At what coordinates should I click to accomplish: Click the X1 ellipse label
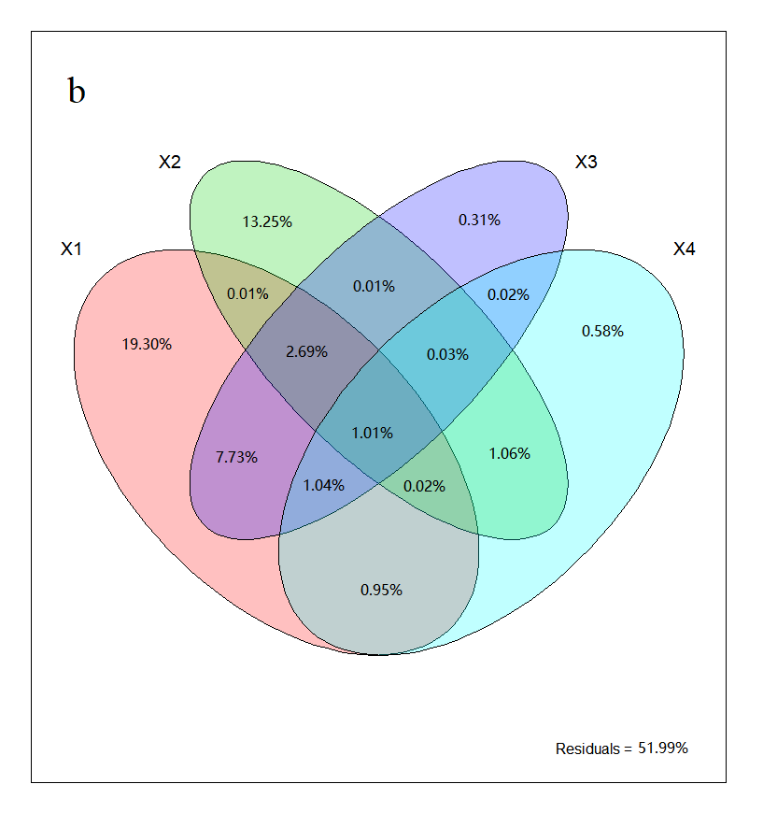[x=72, y=250]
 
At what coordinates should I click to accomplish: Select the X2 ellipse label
[x=170, y=162]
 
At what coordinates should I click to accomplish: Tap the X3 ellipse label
[x=586, y=162]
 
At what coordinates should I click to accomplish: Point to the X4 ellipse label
[x=685, y=250]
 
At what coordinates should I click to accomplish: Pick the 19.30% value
[x=147, y=344]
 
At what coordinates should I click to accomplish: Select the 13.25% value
[x=267, y=221]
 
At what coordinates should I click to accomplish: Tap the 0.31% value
[x=479, y=221]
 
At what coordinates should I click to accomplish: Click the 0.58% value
[x=602, y=331]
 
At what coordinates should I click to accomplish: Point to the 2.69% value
[x=307, y=351]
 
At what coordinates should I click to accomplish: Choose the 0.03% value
[x=448, y=354]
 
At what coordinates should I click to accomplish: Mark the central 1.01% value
[x=373, y=433]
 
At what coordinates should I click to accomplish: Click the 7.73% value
[x=236, y=457]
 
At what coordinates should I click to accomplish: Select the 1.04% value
[x=324, y=485]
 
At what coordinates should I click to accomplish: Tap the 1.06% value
[x=509, y=454]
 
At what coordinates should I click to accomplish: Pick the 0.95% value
[x=381, y=590]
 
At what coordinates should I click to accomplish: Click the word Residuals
[x=586, y=749]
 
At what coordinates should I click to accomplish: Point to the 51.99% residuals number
[x=663, y=749]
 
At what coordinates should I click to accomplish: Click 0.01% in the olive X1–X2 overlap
[x=247, y=293]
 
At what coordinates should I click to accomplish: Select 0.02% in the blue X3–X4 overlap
[x=508, y=294]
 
